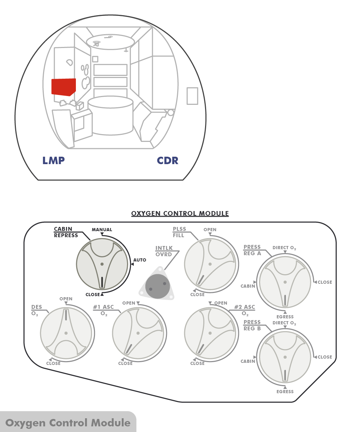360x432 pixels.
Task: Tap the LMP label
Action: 54,161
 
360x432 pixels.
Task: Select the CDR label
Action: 168,161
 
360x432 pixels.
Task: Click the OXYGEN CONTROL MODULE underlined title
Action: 180,214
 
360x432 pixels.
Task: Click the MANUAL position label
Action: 102,230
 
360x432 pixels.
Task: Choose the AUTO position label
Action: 140,260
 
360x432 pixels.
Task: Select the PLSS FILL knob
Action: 210,264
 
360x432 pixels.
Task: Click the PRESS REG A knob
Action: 285,282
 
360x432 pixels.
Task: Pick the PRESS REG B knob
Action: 285,357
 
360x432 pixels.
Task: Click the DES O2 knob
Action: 66,333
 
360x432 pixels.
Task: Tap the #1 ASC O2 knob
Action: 138,333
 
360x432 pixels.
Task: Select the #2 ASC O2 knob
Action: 210,333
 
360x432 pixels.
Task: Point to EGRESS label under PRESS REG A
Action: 285,317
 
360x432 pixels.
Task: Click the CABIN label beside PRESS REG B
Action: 248,361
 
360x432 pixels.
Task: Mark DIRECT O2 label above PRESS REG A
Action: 284,248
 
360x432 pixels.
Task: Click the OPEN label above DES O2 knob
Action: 66,299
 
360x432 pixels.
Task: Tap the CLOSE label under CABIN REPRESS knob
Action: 93,295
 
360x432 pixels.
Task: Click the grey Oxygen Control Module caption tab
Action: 68,422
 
